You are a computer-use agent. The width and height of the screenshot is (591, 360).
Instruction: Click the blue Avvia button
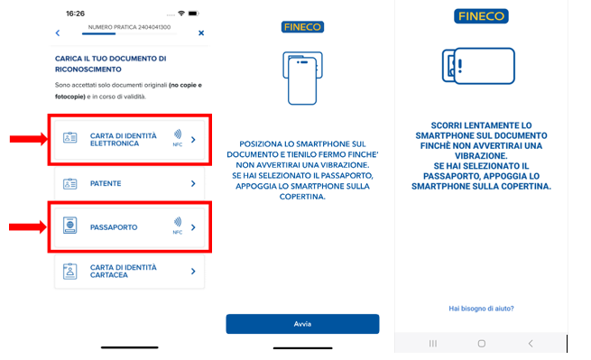(x=302, y=323)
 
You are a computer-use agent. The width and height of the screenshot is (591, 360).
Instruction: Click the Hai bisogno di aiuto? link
(x=481, y=309)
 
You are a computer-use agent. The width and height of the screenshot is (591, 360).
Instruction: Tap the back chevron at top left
(x=58, y=33)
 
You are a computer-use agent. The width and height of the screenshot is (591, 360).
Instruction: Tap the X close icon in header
(x=201, y=33)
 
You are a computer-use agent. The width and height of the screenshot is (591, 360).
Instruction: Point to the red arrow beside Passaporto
(x=28, y=226)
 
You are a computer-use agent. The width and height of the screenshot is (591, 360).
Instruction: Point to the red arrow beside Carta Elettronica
(x=28, y=139)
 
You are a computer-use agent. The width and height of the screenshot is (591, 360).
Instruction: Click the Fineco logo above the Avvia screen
(x=302, y=27)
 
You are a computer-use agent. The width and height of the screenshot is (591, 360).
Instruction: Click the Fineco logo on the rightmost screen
(x=481, y=16)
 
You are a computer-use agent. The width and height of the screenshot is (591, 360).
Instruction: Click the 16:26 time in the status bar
(x=76, y=14)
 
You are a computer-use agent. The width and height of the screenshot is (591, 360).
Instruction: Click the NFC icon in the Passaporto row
(x=177, y=224)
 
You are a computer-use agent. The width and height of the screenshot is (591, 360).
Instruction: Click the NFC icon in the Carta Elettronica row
(x=177, y=137)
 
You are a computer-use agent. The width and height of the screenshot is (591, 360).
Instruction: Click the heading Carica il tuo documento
(x=110, y=64)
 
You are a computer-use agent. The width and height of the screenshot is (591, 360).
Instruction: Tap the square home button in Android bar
(x=481, y=344)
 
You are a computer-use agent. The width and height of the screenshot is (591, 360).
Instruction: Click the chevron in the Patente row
(x=193, y=183)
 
